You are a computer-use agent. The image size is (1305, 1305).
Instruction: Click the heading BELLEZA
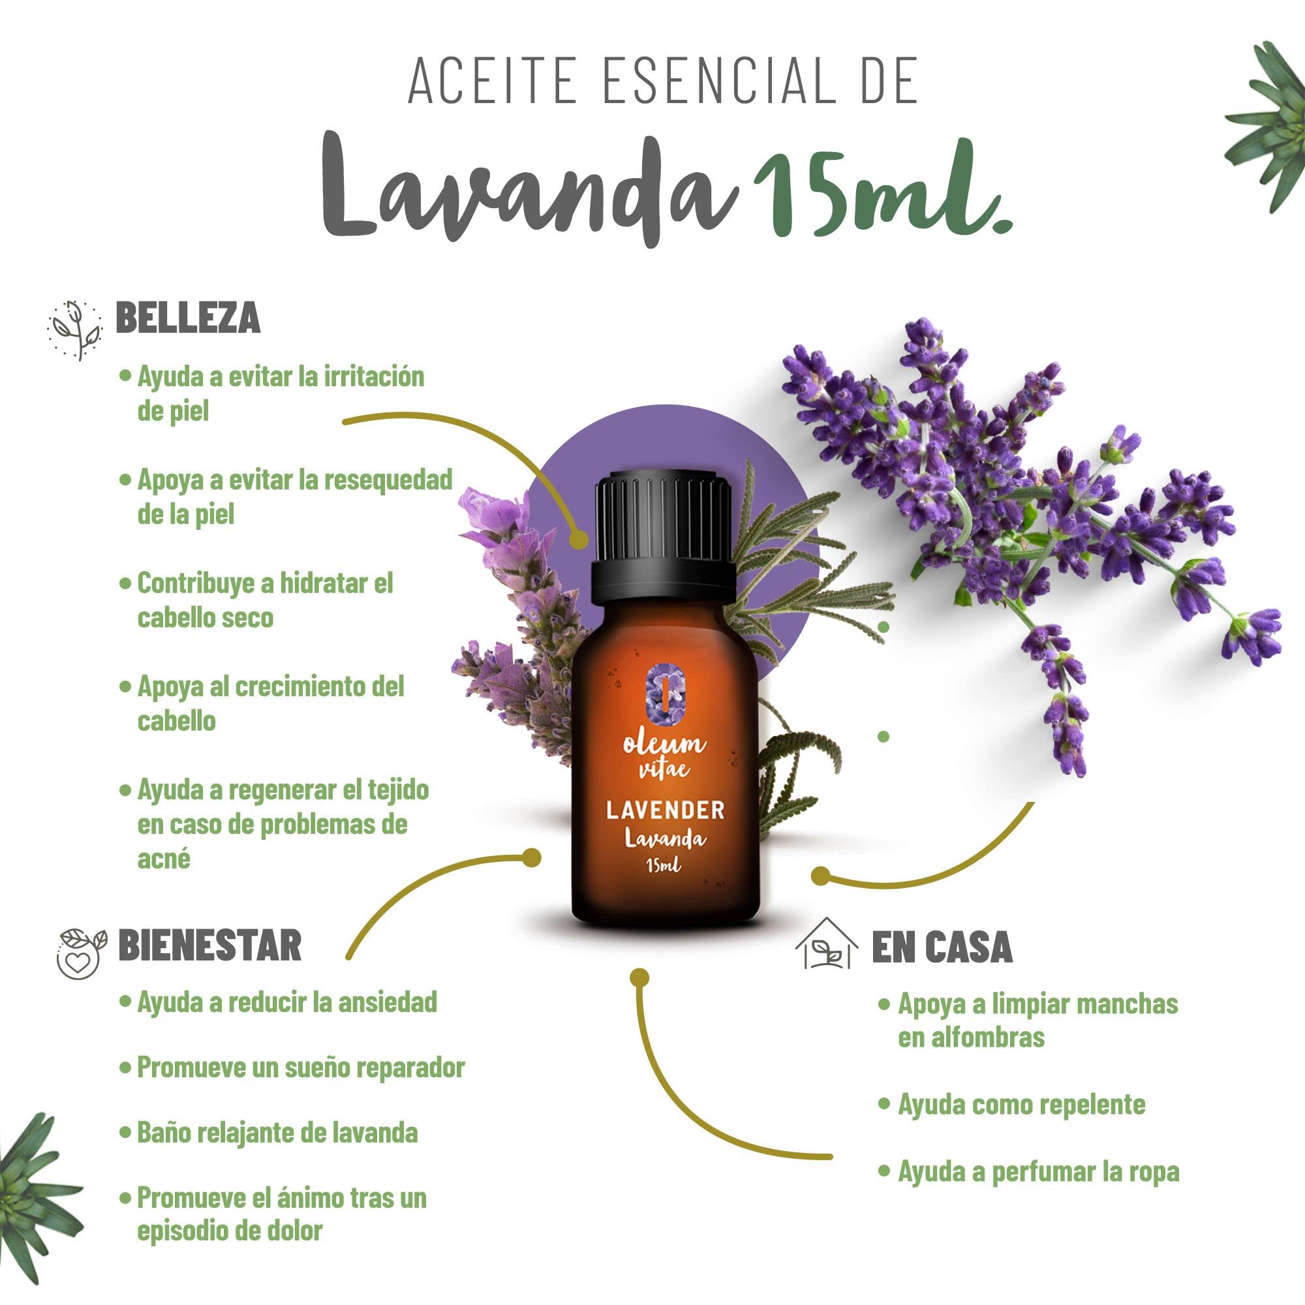[188, 318]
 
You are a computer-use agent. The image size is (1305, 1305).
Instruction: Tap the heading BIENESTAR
[209, 945]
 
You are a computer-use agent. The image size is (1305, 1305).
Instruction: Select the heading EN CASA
[942, 947]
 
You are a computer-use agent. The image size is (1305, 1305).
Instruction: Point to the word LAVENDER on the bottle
[665, 810]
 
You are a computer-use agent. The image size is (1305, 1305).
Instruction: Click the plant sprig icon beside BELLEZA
[76, 330]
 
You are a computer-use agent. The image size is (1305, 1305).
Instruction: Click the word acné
[164, 859]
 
